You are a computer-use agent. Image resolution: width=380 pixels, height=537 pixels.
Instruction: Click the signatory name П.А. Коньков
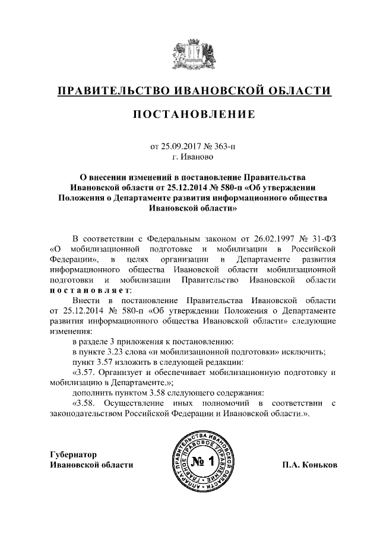(x=309, y=465)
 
